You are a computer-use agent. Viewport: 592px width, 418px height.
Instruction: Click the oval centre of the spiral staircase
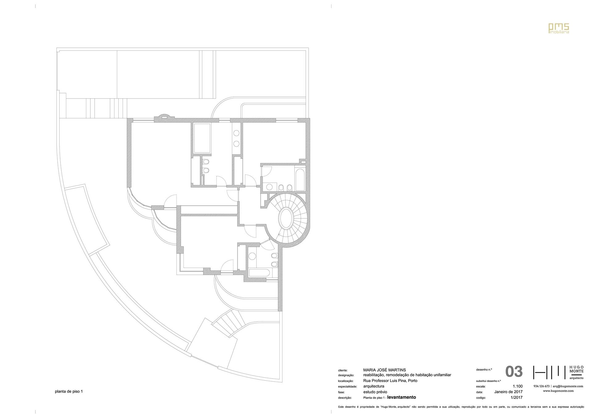tap(286, 218)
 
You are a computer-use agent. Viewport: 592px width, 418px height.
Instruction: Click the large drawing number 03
tap(514, 372)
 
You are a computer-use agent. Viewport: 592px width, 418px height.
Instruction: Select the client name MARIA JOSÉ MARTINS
tap(384, 370)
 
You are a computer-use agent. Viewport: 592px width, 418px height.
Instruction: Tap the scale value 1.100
tap(518, 386)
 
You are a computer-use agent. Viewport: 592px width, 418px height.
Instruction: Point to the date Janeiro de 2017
tap(508, 392)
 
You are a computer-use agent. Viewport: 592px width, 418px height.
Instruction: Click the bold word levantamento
tap(401, 397)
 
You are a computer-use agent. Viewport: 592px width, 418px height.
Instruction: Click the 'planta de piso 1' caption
tap(69, 392)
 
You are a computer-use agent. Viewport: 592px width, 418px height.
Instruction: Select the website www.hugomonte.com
tap(558, 391)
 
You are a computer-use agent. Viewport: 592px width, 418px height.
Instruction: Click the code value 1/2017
tap(516, 397)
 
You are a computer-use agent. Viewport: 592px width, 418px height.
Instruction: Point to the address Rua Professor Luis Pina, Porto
tap(390, 381)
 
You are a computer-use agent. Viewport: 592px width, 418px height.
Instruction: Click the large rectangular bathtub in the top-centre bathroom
tap(202, 138)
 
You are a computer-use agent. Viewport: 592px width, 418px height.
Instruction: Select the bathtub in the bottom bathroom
tap(261, 273)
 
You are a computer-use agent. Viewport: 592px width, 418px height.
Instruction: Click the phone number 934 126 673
tap(541, 386)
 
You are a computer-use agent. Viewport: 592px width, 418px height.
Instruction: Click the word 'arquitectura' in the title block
tap(374, 386)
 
